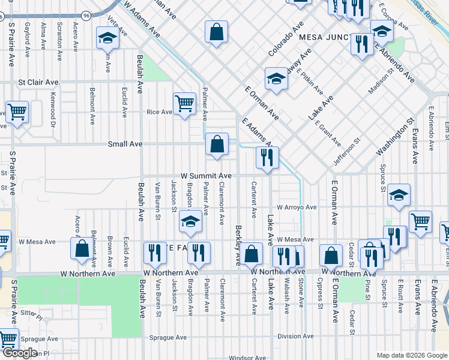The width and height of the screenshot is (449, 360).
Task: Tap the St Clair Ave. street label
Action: pyautogui.click(x=39, y=82)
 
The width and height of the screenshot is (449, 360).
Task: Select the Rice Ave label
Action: pyautogui.click(x=160, y=112)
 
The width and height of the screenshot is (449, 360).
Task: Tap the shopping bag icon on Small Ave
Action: pyautogui.click(x=217, y=145)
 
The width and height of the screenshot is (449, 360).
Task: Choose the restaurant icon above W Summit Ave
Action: pyautogui.click(x=267, y=158)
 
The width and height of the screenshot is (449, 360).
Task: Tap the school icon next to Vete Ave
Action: pyautogui.click(x=107, y=38)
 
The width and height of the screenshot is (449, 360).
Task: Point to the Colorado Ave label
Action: pyautogui.click(x=286, y=40)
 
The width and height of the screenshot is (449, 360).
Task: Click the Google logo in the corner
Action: pyautogui.click(x=21, y=353)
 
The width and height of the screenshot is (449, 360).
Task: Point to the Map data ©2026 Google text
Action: pyautogui.click(x=411, y=355)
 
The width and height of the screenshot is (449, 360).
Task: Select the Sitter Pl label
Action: pyautogui.click(x=31, y=313)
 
